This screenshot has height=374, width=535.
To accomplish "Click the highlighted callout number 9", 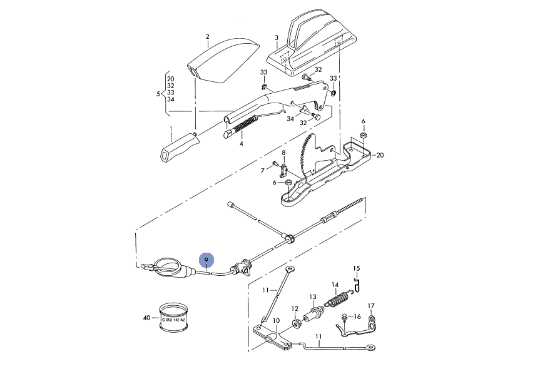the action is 206,260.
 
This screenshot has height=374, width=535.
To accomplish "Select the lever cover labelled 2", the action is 223,62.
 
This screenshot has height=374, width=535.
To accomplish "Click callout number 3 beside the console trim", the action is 277,38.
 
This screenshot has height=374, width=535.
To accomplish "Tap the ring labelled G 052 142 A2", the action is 174,318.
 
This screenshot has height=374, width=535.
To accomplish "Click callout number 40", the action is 146,318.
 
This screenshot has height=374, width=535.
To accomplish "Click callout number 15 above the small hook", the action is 356,268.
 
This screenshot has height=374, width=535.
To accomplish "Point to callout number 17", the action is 371,306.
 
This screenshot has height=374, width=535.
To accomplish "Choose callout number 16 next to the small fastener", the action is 357,316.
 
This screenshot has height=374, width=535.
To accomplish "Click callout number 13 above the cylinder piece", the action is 313,297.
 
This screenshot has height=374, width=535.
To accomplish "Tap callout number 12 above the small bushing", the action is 295,308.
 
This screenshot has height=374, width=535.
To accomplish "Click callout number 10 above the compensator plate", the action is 277,320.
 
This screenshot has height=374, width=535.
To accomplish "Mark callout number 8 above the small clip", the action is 283,153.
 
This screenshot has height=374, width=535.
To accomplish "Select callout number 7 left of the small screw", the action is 262,171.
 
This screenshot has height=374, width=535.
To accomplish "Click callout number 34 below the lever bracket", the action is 290,119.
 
